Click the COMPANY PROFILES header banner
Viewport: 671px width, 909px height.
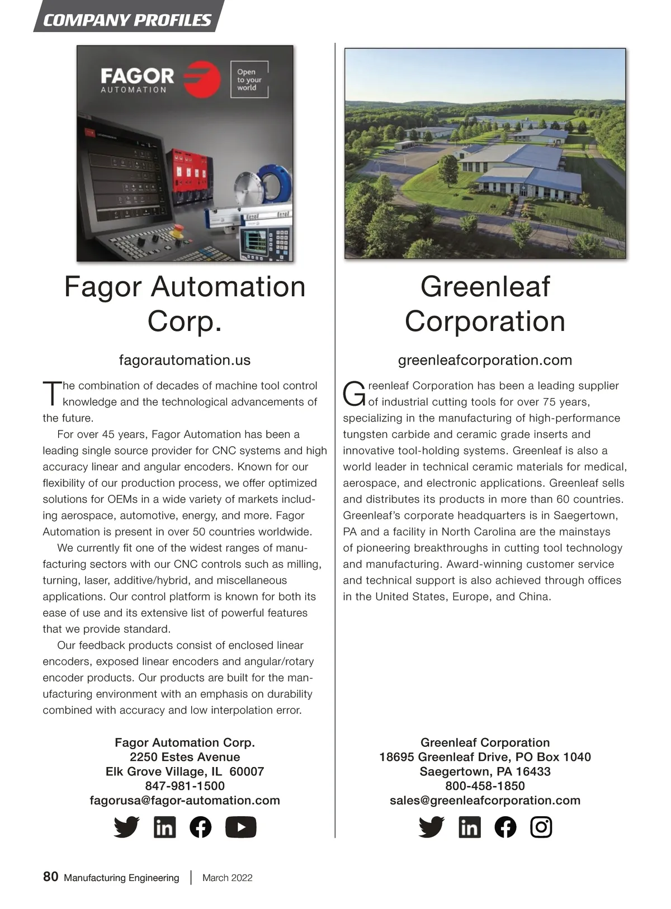127,20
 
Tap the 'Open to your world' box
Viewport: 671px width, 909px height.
249,79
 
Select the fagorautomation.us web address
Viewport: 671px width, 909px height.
185,360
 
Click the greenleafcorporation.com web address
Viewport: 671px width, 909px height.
485,360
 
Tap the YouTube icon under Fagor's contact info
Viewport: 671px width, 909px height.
240,827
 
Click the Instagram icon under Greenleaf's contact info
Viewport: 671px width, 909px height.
541,827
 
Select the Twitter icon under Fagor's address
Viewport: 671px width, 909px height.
126,827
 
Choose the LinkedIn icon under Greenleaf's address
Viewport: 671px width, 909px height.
469,827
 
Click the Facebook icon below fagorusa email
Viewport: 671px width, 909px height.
201,827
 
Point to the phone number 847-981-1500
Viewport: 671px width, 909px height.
185,786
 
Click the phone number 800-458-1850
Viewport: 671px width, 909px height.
485,786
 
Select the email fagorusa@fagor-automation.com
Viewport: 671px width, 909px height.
185,801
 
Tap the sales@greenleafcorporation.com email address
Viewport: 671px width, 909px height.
485,801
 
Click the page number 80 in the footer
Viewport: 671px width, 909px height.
50,877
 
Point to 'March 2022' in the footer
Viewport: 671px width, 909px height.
227,878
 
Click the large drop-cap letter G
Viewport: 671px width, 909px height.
354,394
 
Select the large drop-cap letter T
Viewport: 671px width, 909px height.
51,394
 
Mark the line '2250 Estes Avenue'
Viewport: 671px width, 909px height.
185,757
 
